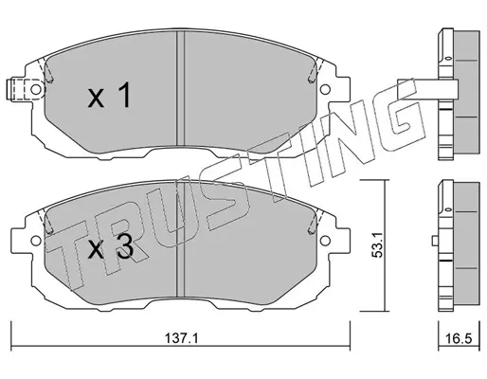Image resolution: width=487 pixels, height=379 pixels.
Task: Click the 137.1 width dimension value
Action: tap(181, 339)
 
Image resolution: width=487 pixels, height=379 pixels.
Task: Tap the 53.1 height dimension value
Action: tap(377, 244)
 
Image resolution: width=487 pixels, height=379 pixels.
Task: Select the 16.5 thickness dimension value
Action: tap(459, 339)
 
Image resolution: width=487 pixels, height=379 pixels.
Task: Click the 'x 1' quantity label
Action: tap(109, 95)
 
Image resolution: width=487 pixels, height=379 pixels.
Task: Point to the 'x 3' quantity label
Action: tap(110, 248)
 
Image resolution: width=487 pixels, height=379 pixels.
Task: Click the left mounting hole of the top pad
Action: tap(36, 89)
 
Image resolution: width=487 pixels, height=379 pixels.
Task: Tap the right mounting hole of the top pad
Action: tap(325, 89)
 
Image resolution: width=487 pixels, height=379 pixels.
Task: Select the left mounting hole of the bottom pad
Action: tap(36, 241)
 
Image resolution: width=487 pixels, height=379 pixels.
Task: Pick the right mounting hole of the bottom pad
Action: tap(325, 241)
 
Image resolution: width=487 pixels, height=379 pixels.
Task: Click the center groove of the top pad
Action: tap(180, 88)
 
